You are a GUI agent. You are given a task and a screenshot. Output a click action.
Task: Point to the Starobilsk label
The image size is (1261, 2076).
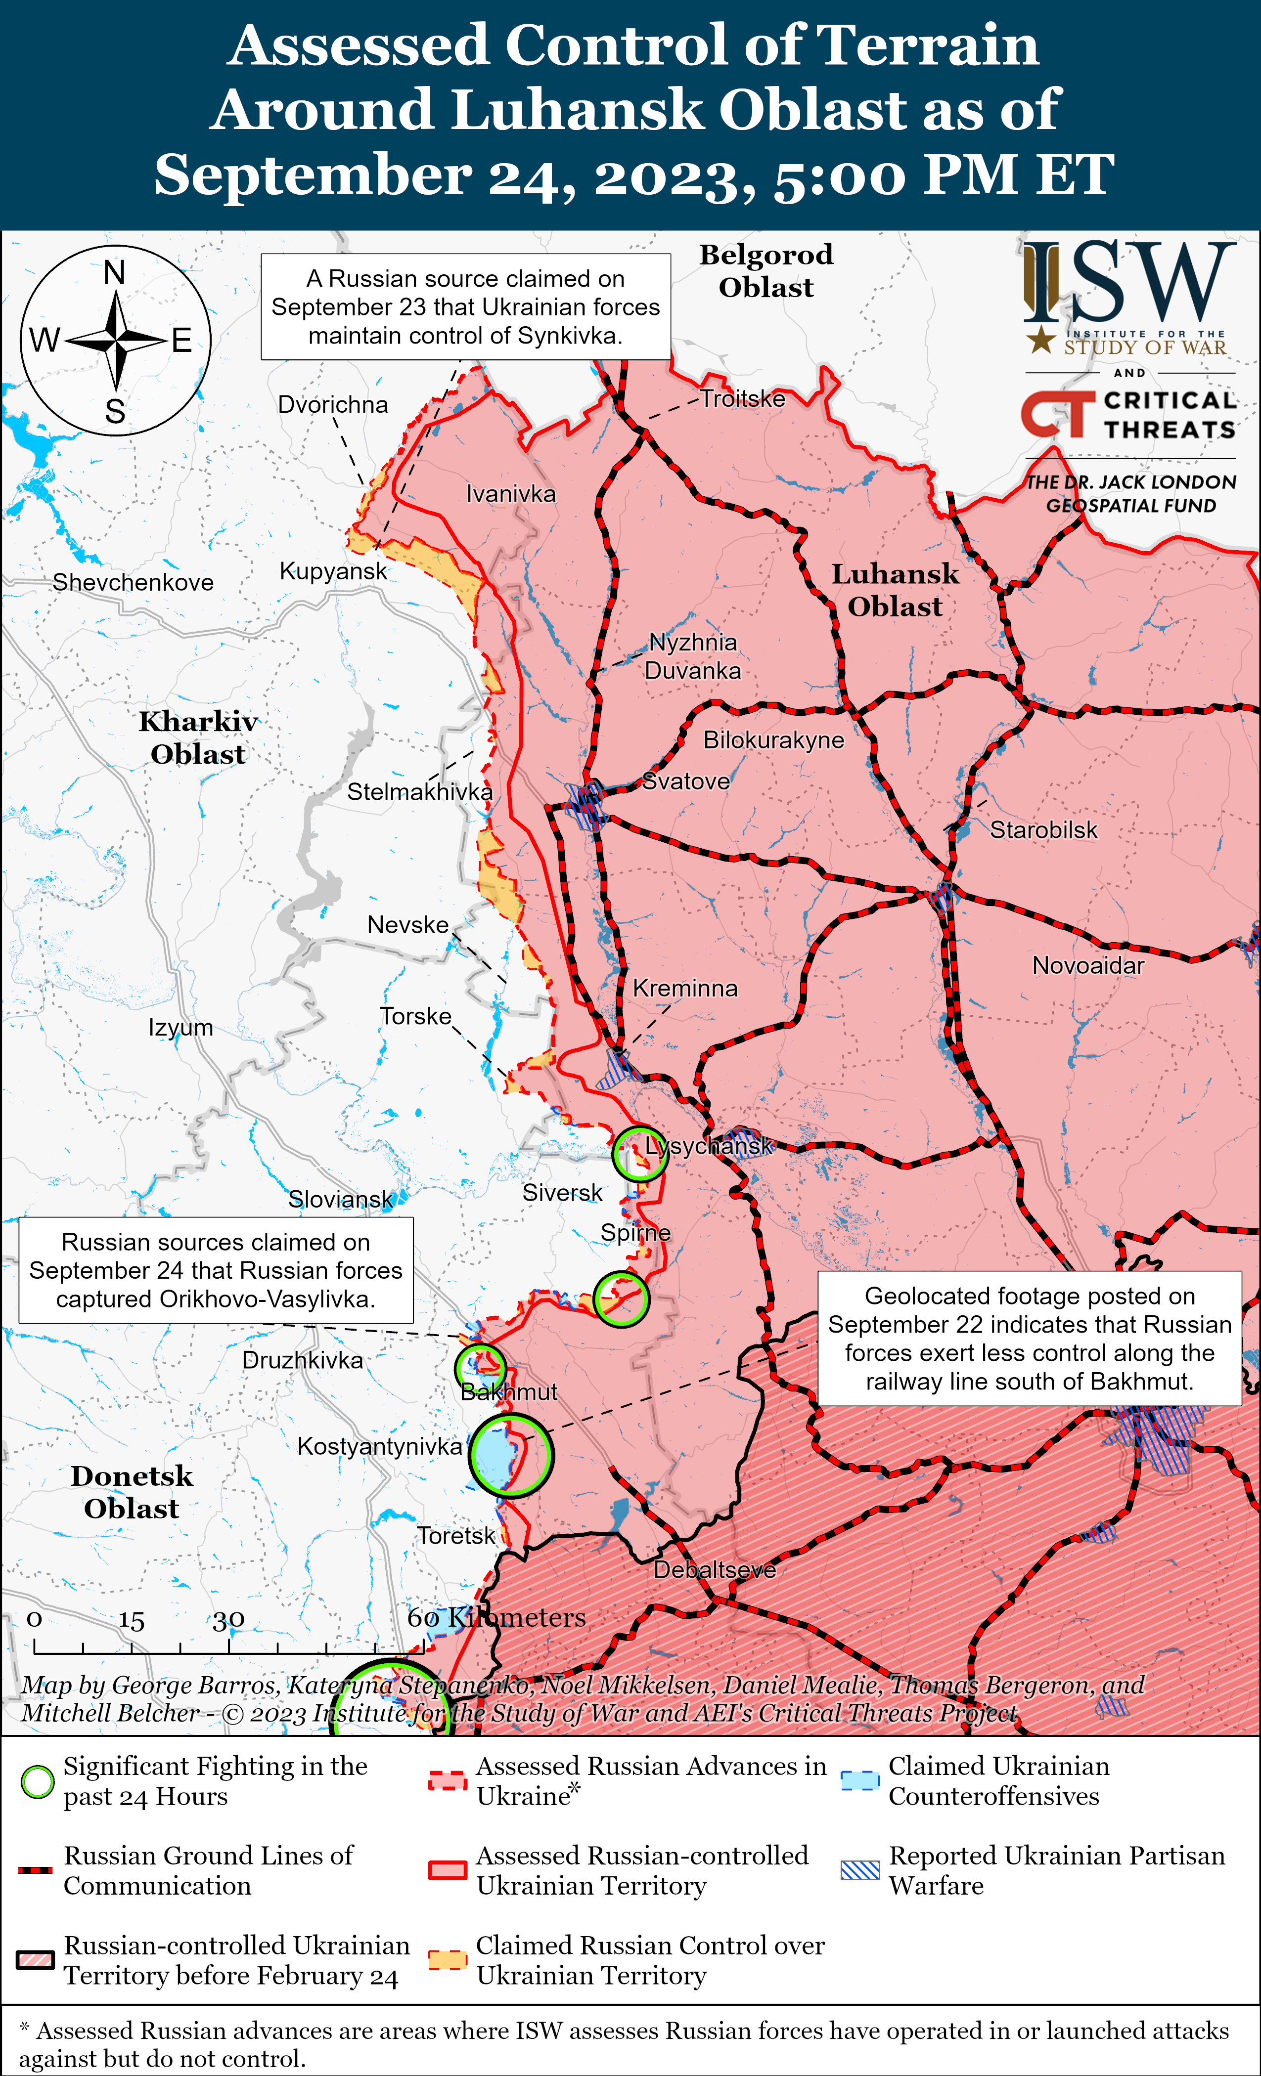(1043, 830)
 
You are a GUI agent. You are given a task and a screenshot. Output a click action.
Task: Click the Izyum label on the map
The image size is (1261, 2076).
(180, 1028)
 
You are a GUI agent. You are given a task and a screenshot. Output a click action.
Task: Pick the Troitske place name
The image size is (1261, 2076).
(743, 398)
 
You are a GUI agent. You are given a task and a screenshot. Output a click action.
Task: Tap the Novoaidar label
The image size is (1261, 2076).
(1088, 965)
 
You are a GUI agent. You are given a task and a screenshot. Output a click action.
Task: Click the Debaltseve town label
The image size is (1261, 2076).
(715, 1570)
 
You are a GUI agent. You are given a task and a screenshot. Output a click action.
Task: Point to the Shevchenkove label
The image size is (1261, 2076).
(133, 582)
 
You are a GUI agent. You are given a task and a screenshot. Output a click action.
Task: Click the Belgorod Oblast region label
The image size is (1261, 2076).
(766, 270)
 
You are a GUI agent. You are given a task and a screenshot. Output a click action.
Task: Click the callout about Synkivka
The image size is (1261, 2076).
(465, 306)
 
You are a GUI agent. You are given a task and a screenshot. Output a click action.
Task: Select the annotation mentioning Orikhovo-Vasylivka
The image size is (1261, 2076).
(216, 1270)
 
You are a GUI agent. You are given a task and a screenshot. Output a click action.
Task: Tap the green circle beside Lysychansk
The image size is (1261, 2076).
(639, 1154)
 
